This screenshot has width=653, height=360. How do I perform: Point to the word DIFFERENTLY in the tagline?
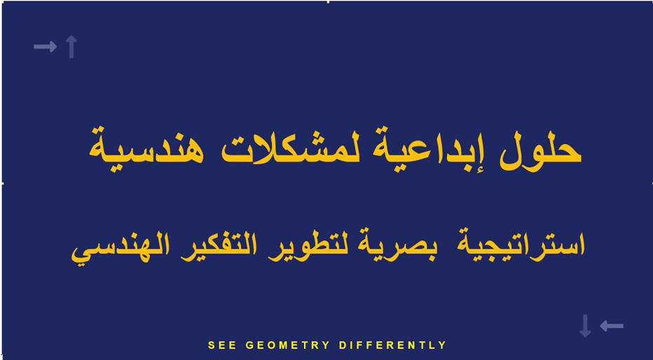click(393, 345)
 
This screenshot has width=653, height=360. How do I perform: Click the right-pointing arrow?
click(45, 47)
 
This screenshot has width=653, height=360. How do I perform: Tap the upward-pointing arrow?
click(71, 47)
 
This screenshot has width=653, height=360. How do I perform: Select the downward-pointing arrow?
click(585, 326)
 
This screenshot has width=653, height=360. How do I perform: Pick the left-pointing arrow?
click(612, 326)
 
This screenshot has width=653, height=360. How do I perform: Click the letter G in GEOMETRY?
click(249, 345)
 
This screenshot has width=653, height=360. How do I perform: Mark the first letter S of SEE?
click(211, 345)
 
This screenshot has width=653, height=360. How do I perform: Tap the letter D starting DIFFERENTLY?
click(343, 345)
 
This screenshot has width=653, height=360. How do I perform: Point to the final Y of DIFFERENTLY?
click(443, 345)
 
